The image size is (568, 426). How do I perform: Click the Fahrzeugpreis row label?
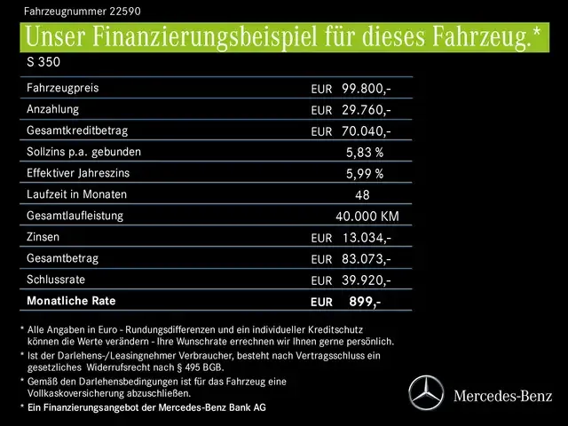(63, 88)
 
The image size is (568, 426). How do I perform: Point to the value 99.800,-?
(366, 89)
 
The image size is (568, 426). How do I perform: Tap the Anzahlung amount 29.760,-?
(366, 110)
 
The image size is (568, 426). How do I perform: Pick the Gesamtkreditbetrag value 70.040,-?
(366, 131)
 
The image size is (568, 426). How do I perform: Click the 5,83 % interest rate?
(364, 153)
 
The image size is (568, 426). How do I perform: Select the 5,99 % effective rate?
(364, 174)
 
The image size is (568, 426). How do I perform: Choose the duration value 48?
(361, 195)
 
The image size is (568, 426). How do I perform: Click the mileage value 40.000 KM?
(367, 217)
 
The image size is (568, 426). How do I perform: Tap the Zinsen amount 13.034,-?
(366, 238)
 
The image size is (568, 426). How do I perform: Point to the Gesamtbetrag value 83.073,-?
(366, 259)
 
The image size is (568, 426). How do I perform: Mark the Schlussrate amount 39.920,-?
(366, 280)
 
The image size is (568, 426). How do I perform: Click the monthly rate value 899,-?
(365, 302)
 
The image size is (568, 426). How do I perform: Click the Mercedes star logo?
(426, 392)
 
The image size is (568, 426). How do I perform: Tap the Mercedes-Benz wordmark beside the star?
(502, 393)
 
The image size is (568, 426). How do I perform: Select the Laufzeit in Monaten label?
(77, 194)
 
